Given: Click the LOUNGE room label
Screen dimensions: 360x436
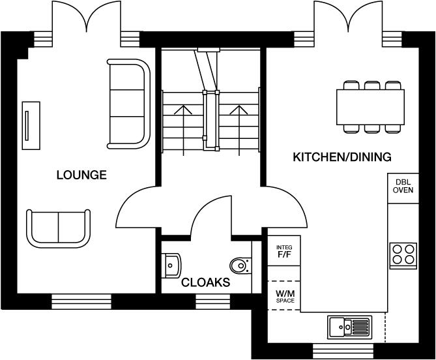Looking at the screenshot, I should (81, 175).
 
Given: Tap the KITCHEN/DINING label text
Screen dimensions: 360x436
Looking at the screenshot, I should (342, 157).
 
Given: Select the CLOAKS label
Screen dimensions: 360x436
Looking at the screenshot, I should (205, 282).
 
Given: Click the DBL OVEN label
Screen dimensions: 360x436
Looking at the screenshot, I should (402, 186).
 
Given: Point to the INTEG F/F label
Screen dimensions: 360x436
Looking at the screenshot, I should (284, 252).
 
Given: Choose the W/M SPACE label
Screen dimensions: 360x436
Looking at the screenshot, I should (284, 296).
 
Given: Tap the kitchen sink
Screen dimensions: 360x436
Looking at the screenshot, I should (349, 325).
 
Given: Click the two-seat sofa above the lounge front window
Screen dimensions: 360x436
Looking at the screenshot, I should (58, 226).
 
